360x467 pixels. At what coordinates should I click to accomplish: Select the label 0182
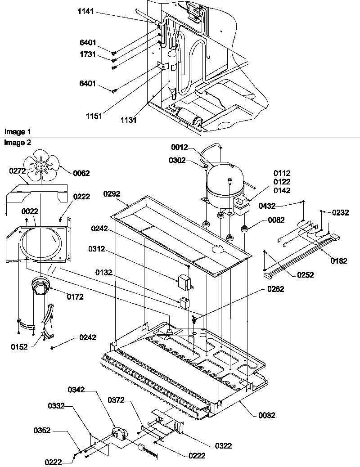(338, 260)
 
